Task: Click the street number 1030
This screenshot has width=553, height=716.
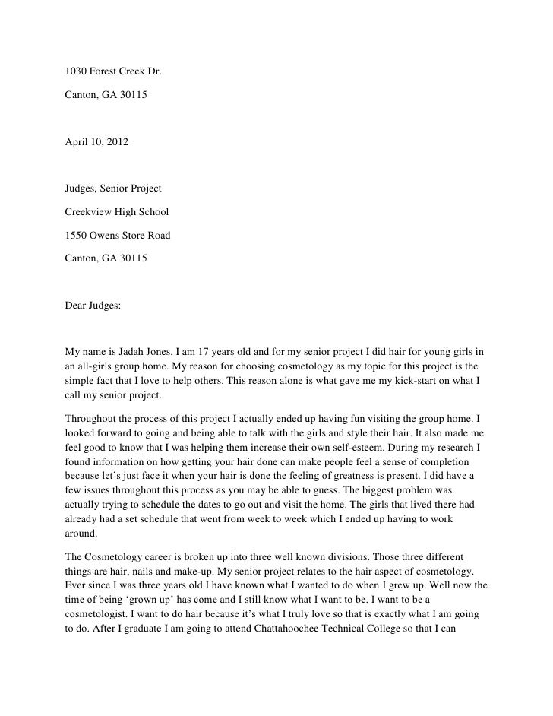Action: tap(77, 73)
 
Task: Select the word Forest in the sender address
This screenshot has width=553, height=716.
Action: tap(106, 73)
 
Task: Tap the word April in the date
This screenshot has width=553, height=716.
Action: tap(77, 143)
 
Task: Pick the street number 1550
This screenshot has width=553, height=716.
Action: tap(77, 236)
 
